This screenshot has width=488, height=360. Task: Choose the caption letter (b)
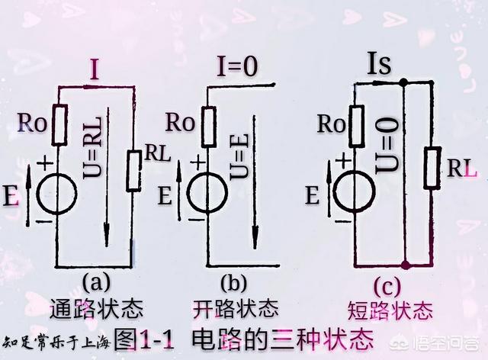pos(233,283)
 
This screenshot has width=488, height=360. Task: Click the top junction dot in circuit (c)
pos(403,79)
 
